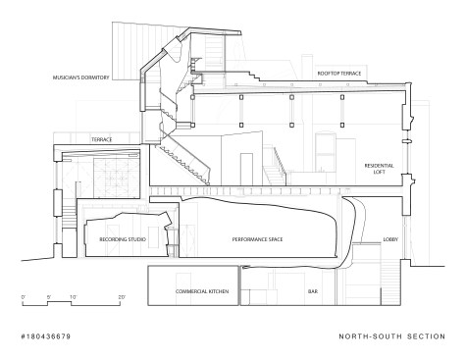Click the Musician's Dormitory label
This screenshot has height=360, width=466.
tap(81, 77)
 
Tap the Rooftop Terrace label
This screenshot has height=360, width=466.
tap(339, 74)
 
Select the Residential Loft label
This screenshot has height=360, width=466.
tap(380, 169)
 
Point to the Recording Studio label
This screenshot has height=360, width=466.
tap(123, 239)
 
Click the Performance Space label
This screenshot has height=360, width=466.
tap(257, 239)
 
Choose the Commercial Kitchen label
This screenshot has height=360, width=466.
tap(202, 291)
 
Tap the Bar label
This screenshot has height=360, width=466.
tap(313, 291)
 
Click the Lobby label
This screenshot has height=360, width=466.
tap(390, 239)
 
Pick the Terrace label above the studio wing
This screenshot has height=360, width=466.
tap(102, 139)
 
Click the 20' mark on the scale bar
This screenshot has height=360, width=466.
tap(122, 297)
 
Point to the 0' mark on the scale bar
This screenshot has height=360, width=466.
tap(24, 297)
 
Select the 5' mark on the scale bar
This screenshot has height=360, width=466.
tap(49, 297)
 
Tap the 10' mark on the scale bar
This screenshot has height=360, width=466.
tap(73, 297)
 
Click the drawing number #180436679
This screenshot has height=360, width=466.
tap(46, 336)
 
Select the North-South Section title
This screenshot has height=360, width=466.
tap(391, 336)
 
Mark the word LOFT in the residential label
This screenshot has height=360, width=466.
tap(380, 172)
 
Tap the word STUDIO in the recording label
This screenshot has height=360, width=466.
tap(135, 239)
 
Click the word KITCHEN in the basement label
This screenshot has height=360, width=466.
tap(218, 291)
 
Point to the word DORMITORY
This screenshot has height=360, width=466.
tap(94, 77)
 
